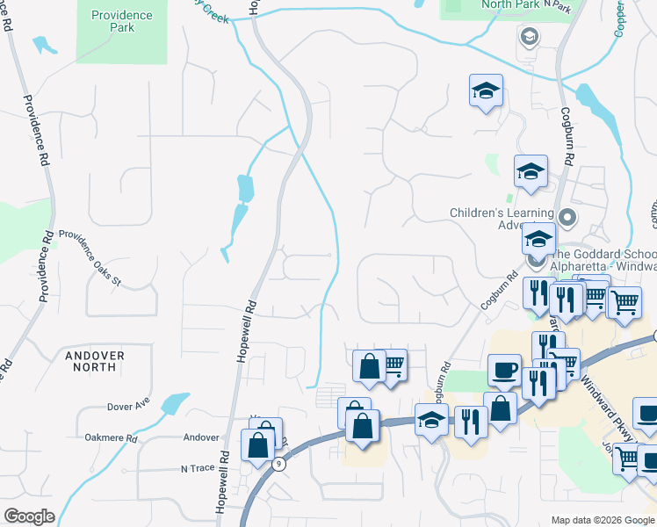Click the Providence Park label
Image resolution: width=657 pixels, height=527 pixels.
(121, 21)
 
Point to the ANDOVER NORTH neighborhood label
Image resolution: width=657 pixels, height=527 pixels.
(95, 361)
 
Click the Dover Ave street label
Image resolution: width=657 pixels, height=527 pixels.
(128, 408)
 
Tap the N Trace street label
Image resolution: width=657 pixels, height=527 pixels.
(197, 468)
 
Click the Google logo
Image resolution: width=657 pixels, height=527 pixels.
(29, 516)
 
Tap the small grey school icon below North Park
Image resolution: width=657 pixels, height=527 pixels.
(529, 37)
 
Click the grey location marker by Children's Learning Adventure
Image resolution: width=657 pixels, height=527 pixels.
(567, 216)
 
